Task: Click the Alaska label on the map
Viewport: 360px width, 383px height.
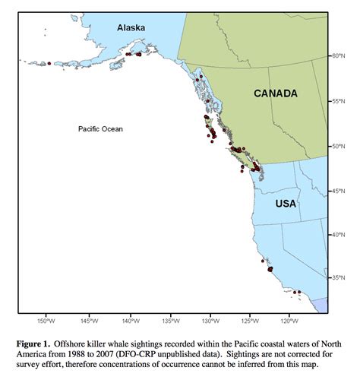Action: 131,27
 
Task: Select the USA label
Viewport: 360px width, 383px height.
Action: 286,204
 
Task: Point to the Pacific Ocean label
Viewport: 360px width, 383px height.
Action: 100,129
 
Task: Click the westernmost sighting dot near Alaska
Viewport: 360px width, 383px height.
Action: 49,64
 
